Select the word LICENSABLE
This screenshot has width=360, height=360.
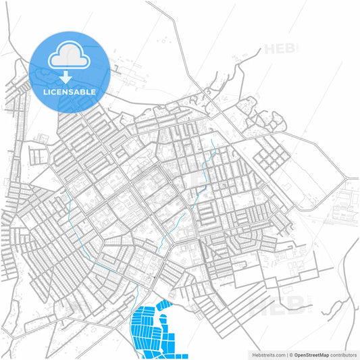coord(69,92)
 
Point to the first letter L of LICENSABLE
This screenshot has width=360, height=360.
coord(45,92)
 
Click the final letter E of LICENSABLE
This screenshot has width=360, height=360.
coord(93,92)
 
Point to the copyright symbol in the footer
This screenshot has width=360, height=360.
coord(291,354)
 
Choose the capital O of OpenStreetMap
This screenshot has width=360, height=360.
coord(296,354)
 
